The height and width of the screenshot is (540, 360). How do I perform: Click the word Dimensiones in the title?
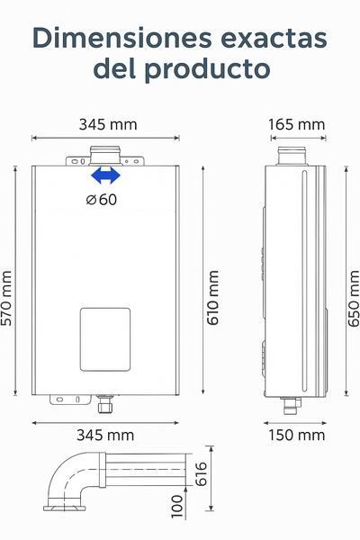coord(122,38)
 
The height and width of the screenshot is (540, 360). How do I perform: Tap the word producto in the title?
coord(207,69)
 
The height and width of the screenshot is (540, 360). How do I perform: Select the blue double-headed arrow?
coord(106,175)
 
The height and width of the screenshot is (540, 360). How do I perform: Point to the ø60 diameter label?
coord(102,200)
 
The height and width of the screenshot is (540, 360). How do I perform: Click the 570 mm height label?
coord(6,298)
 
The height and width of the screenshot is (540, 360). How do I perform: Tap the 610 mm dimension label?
coord(213,298)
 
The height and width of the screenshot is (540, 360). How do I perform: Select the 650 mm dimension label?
coord(354,298)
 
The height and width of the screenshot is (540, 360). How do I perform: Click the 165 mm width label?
coord(297,124)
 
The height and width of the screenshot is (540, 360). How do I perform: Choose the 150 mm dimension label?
coord(297,436)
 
